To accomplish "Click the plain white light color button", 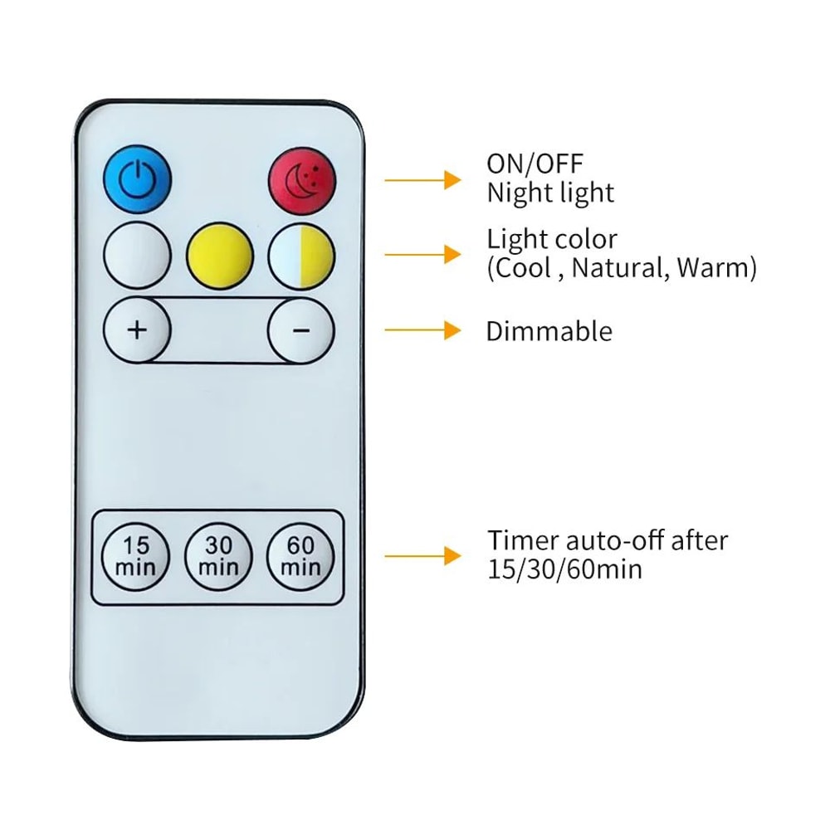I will [137, 255].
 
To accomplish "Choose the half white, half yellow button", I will [301, 255].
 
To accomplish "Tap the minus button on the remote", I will [301, 330].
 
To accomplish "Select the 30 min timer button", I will [219, 556].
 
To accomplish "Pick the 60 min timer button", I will [301, 556].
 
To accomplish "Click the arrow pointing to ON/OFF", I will [422, 178].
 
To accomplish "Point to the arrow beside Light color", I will [422, 253].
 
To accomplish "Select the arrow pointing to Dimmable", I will [422, 330].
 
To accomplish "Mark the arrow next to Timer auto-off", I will [422, 555].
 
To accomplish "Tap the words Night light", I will [550, 193].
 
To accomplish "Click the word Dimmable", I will [549, 331].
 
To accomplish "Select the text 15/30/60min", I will [564, 571].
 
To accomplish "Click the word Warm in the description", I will [712, 269].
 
